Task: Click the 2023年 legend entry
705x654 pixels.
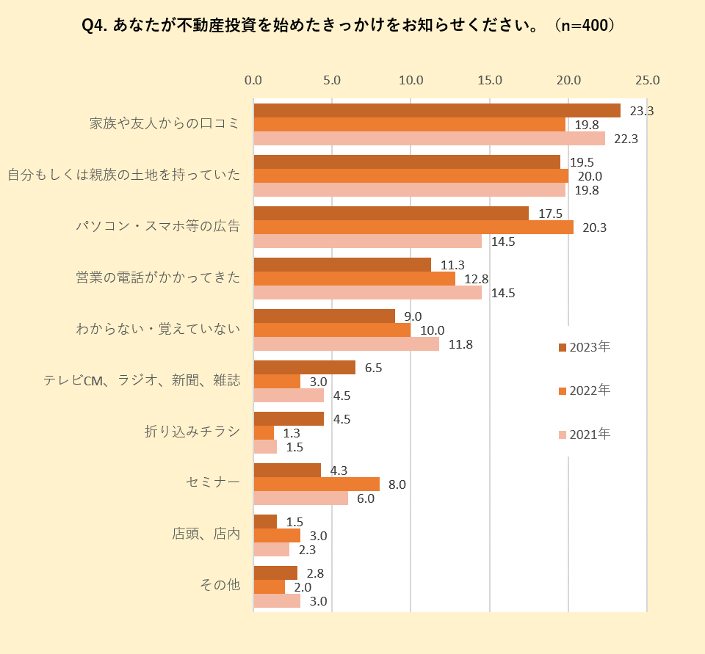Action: [585, 346]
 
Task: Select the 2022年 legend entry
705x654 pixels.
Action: [585, 390]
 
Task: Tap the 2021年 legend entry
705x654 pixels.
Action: [585, 435]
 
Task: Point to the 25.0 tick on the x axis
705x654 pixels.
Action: [647, 80]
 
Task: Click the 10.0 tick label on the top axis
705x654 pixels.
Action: [411, 80]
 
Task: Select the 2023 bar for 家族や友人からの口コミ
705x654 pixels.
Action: [437, 111]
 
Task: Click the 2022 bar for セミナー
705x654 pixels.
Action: [317, 484]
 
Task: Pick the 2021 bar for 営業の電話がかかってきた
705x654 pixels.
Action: [367, 293]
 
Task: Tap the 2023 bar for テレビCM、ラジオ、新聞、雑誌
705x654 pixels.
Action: [304, 368]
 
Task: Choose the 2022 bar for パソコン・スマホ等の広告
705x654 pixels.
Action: [413, 228]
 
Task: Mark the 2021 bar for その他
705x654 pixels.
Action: [277, 601]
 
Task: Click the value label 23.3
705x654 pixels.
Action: [642, 111]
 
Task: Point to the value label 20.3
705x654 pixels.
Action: [594, 228]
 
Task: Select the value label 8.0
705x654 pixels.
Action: [397, 484]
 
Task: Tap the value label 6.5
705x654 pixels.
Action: [373, 368]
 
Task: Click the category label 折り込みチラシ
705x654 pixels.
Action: [192, 432]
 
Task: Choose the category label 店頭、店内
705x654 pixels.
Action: [206, 534]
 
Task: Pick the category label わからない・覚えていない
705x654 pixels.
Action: [158, 329]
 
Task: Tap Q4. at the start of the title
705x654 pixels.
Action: [95, 26]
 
